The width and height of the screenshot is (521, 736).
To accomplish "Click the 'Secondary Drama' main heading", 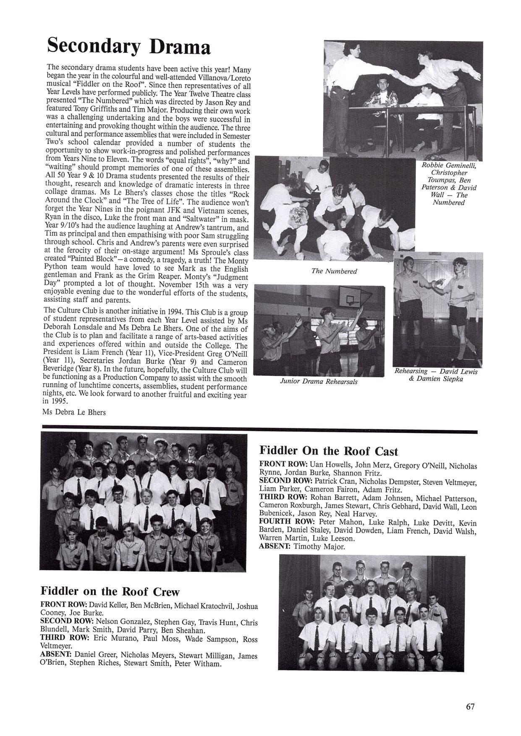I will pos(128,46).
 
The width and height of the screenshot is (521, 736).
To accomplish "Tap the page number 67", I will pos(470,706).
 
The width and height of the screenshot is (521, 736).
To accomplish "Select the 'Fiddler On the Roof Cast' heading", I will pos(329,451).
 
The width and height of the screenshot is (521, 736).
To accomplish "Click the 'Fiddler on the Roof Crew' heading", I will pos(110,592).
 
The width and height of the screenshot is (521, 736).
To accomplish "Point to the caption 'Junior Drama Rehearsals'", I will pos(319,382).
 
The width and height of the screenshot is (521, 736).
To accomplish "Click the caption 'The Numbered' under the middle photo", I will pos(334,271).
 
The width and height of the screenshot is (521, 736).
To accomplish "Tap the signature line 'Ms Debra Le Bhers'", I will pos(74,412).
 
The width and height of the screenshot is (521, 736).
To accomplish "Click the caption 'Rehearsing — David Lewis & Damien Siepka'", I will pos(435,375).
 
